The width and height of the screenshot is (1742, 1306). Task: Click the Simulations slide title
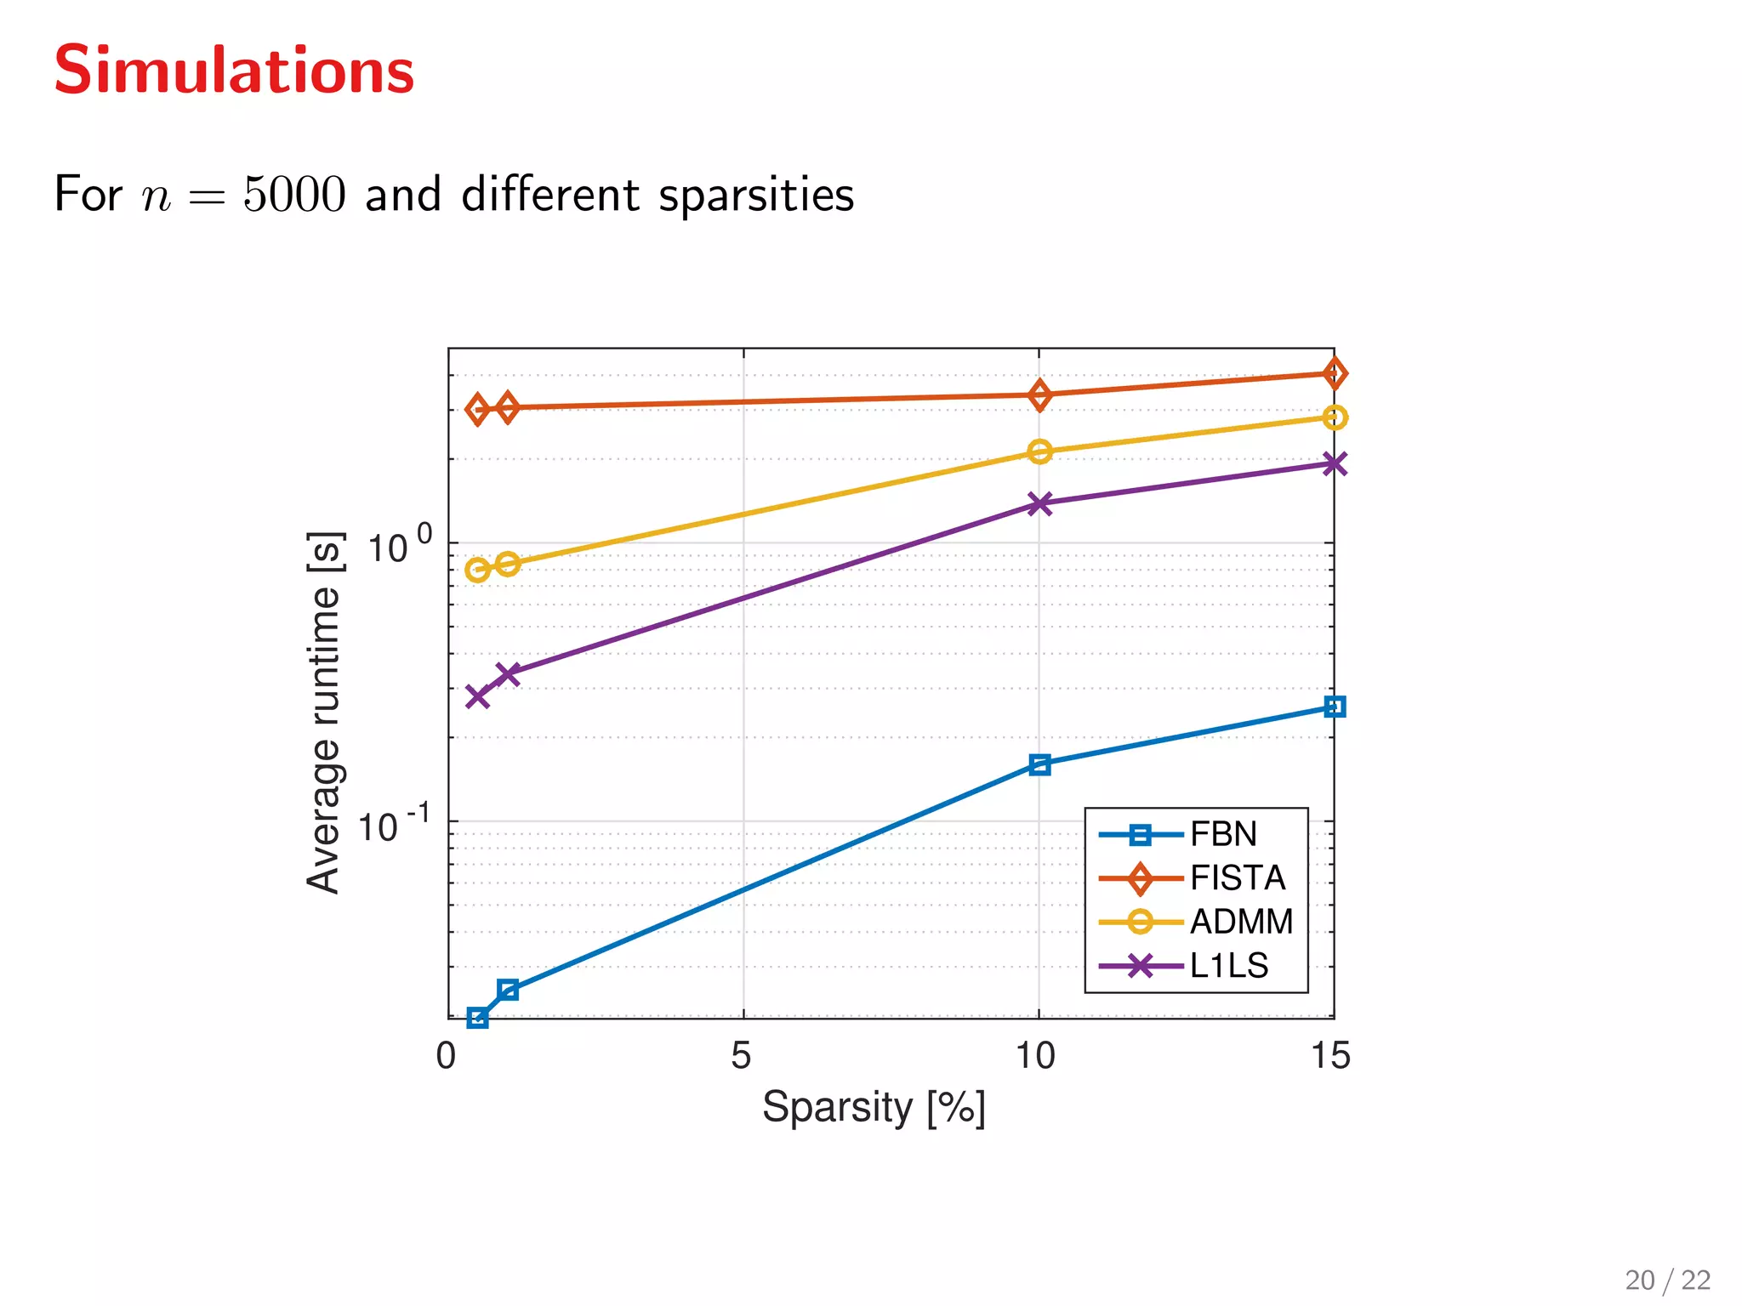(x=234, y=71)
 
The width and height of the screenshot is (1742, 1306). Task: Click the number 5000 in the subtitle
(x=294, y=195)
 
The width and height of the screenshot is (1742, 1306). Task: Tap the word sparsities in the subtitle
(x=756, y=196)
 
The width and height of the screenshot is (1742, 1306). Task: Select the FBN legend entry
(x=1223, y=834)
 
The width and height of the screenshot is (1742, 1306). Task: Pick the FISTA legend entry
(x=1237, y=878)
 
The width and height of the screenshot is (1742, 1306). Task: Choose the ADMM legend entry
(x=1240, y=922)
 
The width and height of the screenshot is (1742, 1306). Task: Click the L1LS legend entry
(x=1229, y=966)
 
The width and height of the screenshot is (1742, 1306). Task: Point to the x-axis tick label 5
(x=741, y=1056)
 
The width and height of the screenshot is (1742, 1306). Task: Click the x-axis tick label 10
(x=1035, y=1056)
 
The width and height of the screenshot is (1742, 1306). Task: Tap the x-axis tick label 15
(x=1330, y=1056)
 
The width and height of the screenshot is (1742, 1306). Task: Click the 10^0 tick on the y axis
(x=398, y=547)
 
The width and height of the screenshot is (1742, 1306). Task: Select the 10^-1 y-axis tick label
(x=392, y=826)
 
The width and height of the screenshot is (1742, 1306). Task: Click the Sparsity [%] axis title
(x=874, y=1108)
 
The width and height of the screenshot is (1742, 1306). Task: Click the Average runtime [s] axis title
(x=324, y=713)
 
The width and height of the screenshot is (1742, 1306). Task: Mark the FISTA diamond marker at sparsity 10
(x=1039, y=395)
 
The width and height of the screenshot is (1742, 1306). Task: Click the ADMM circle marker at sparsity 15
(x=1335, y=417)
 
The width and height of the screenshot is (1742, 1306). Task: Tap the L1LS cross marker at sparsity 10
(x=1039, y=503)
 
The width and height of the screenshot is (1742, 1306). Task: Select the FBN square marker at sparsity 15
(x=1335, y=707)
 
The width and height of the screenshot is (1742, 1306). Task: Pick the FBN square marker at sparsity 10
(x=1039, y=764)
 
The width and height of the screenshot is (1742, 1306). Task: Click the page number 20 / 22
(x=1667, y=1280)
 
